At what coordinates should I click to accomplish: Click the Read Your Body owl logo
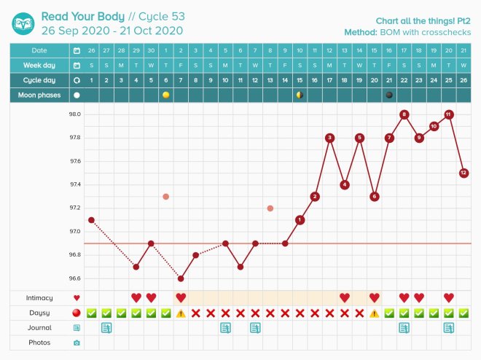click(23, 23)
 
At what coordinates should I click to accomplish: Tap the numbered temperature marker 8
click(404, 114)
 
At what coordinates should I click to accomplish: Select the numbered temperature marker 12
click(464, 173)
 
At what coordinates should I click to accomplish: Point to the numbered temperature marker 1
click(300, 219)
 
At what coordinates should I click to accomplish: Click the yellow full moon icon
click(165, 95)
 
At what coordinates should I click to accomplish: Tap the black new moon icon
click(389, 95)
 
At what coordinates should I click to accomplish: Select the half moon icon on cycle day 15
click(300, 95)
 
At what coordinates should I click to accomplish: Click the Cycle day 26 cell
click(464, 79)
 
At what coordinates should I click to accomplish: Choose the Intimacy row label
click(40, 297)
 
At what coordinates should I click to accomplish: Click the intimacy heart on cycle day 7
click(181, 297)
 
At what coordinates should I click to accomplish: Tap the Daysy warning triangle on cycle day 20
click(374, 313)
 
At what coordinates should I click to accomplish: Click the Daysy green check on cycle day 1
click(91, 313)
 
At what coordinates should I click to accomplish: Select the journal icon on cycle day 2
click(106, 328)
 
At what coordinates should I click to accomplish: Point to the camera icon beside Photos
click(77, 343)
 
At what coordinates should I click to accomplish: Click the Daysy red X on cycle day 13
click(270, 313)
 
